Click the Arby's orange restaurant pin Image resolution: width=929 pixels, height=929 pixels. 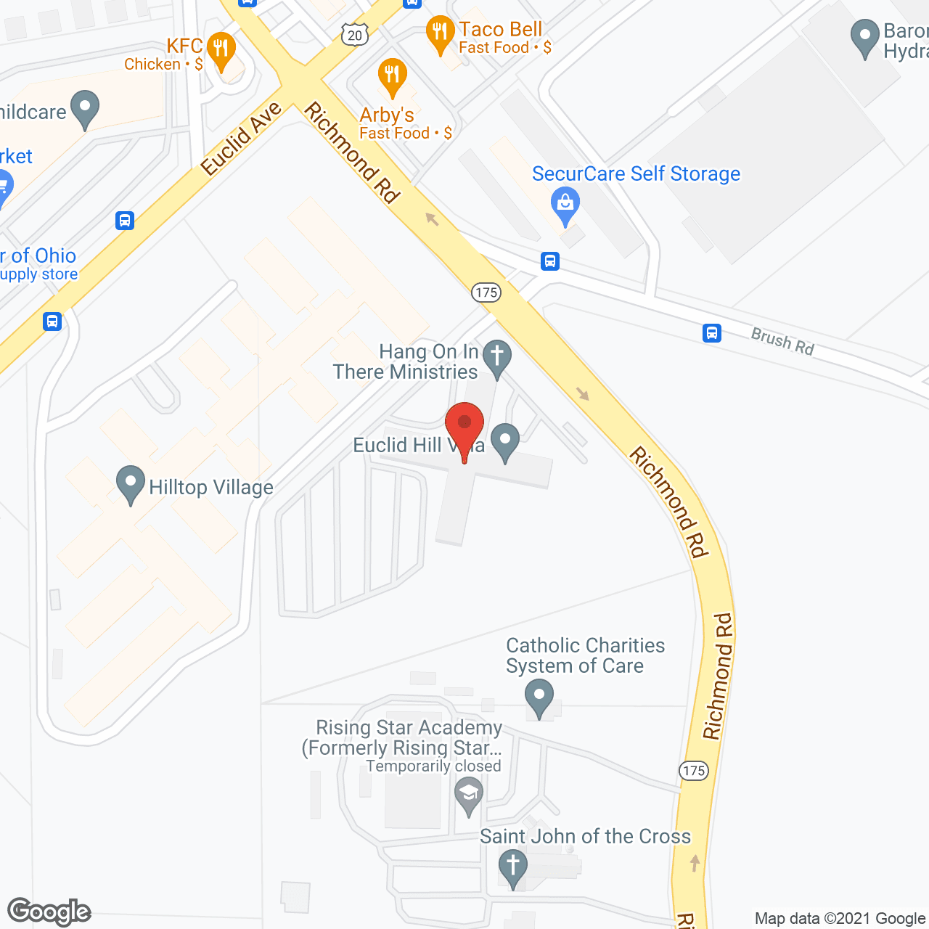392,75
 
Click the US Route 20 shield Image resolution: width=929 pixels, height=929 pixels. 354,34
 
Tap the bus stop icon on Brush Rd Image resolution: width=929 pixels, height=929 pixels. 712,333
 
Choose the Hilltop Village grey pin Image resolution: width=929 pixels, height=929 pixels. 131,483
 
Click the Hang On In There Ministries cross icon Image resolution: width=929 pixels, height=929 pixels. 497,358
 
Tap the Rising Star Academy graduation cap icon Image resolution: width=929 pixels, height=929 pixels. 469,794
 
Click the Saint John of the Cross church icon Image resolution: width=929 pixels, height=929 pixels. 512,867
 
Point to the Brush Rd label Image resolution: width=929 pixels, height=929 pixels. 782,341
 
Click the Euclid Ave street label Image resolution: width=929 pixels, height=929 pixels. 241,139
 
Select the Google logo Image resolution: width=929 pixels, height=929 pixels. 49,912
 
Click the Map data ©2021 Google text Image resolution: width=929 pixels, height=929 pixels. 840,918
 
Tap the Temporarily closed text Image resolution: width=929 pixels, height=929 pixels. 433,766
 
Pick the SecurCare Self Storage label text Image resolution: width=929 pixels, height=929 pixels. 636,174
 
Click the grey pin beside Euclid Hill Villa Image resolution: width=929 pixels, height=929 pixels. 505,441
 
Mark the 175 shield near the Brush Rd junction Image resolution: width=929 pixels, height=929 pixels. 486,292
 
